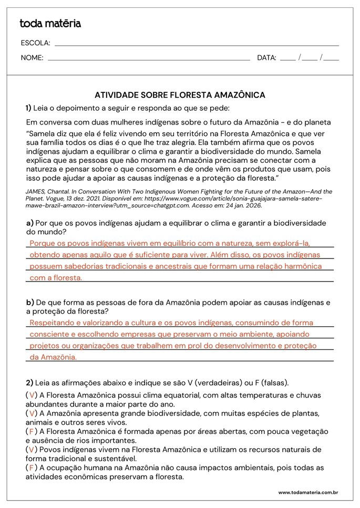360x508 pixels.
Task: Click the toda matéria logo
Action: [50, 24]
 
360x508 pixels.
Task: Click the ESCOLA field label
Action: [35, 43]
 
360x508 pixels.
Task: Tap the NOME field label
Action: [32, 58]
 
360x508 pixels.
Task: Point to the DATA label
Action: [266, 58]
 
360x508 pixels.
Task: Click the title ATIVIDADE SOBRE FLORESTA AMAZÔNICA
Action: [180, 95]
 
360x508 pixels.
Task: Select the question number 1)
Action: [28, 108]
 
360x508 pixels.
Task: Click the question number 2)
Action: [29, 382]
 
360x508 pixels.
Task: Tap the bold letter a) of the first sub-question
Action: [29, 223]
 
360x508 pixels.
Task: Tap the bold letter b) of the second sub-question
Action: [30, 303]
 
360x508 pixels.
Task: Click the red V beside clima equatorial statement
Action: [32, 395]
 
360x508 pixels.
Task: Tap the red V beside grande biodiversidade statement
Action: [32, 413]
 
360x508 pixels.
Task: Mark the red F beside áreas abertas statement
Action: [32, 431]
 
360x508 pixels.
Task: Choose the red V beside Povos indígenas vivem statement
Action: [32, 450]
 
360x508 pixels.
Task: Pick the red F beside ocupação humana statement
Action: [32, 468]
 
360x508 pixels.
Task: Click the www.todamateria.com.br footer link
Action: [307, 492]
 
